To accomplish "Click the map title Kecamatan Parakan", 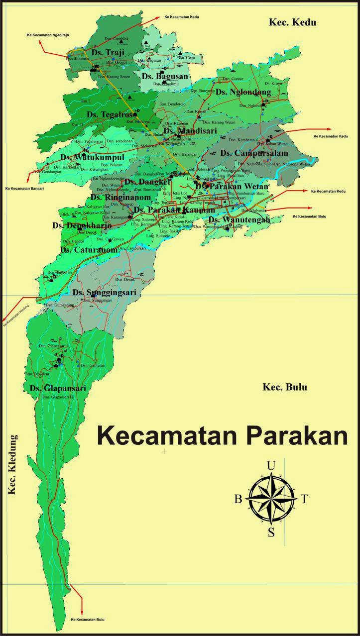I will [222, 434].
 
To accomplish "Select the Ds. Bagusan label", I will [165, 76].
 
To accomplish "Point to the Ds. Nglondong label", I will [243, 92].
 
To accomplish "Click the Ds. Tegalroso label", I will [112, 114].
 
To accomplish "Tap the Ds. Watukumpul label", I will [92, 157].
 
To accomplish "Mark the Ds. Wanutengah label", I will [239, 219].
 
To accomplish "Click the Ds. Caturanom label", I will [89, 250].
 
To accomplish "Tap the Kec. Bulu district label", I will [285, 387].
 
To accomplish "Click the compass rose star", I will [271, 498].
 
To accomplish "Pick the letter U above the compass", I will [271, 466].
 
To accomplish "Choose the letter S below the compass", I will [271, 532].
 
